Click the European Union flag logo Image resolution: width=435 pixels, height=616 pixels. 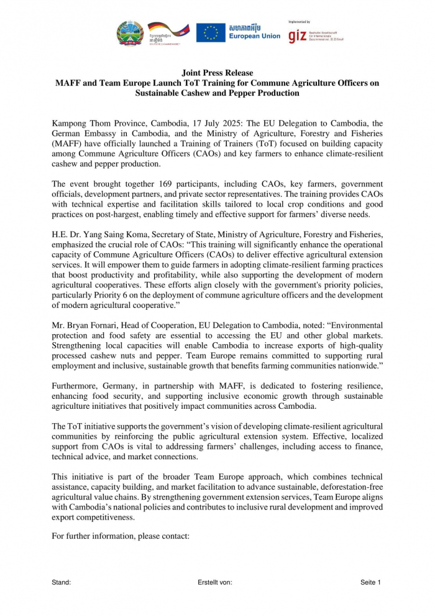[211, 33]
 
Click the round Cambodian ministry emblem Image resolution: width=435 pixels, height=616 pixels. [130, 33]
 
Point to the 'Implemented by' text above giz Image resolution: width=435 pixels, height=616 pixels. [300, 22]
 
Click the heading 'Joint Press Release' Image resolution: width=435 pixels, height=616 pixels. [217, 73]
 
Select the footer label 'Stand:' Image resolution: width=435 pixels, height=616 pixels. [62, 582]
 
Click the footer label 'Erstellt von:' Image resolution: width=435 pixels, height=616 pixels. [214, 582]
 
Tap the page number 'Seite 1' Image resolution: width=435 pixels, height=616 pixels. [370, 582]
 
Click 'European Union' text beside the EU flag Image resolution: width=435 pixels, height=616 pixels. [254, 37]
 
